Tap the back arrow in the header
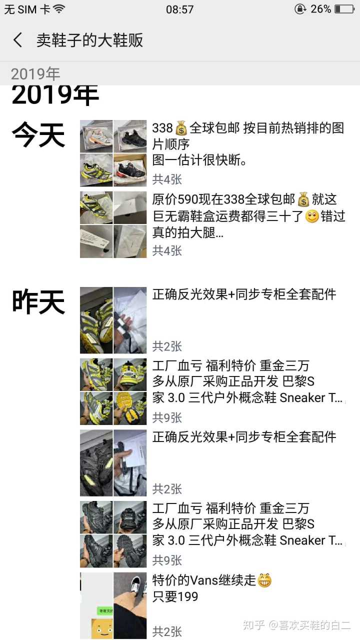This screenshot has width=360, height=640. [17, 39]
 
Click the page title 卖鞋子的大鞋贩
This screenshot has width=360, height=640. [89, 40]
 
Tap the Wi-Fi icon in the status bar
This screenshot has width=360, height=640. [59, 9]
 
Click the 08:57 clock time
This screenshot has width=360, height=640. [179, 9]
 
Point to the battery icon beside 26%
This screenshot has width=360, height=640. [345, 9]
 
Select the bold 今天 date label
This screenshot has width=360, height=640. [38, 134]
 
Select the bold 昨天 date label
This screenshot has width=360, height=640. [38, 301]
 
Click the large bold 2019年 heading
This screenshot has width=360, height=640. [55, 95]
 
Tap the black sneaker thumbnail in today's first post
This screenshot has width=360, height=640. [130, 136]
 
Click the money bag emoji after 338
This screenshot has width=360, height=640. [181, 128]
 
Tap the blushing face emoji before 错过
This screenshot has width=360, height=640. [311, 216]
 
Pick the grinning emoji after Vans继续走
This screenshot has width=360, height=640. [264, 580]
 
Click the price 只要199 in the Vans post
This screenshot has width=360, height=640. [175, 596]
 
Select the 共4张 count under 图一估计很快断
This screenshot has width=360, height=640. [167, 179]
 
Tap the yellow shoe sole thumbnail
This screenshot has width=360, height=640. [130, 408]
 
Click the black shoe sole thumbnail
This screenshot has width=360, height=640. [130, 551]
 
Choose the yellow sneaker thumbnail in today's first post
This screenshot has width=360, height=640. [96, 170]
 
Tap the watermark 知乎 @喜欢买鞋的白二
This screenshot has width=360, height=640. [296, 625]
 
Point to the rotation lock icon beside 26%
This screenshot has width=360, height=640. [300, 9]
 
